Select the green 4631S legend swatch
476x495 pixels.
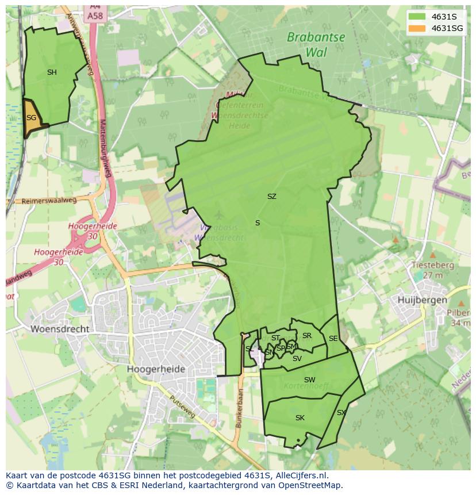tap(417, 17)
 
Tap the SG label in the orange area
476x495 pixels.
tap(31, 118)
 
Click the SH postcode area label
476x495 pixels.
tap(52, 72)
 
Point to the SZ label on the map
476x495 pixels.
tap(271, 197)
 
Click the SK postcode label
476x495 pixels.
tap(300, 418)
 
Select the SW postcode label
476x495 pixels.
tap(309, 379)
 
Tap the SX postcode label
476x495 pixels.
tap(341, 413)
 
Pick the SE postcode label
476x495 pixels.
tap(333, 339)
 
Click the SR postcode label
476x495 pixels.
tap(306, 336)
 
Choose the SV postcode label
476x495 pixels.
tap(297, 359)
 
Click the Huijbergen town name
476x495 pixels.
tap(422, 300)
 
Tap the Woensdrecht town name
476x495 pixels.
tap(60, 329)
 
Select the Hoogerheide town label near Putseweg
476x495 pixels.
tap(156, 369)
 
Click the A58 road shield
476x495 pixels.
tap(95, 16)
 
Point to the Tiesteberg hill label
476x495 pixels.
tap(433, 266)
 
